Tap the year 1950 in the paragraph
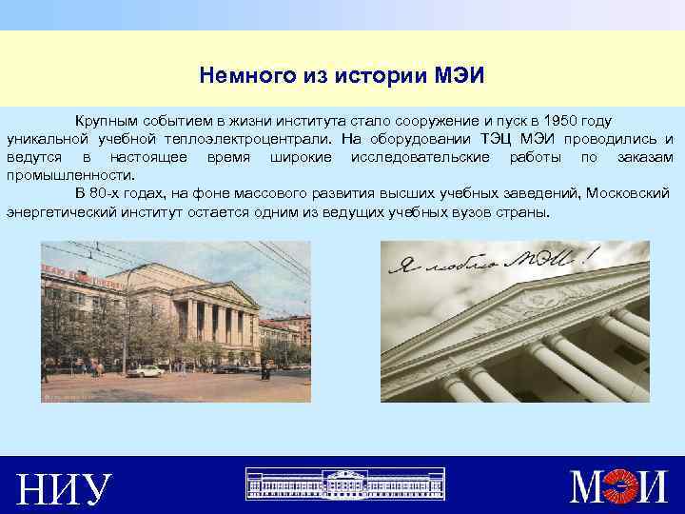click(555, 121)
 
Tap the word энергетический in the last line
click(64, 210)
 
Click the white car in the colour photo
click(146, 370)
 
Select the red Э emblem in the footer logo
click(623, 488)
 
